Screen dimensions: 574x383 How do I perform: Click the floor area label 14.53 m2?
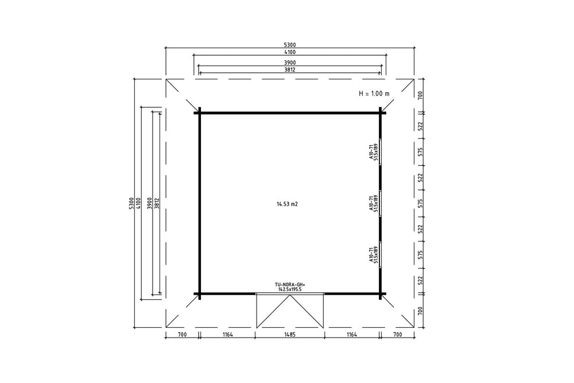[287, 204]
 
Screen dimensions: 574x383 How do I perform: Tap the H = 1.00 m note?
[374, 94]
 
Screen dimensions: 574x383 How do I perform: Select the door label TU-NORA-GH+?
[290, 284]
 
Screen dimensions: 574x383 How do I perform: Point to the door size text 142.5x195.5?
[290, 289]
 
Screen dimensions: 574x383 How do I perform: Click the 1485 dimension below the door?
[289, 334]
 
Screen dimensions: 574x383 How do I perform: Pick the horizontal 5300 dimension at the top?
[289, 45]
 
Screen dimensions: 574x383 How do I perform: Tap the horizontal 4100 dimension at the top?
[289, 52]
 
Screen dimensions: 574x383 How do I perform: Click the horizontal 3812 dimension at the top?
[289, 69]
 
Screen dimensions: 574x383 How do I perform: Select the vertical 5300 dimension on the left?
[131, 203]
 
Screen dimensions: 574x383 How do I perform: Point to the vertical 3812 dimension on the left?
[157, 203]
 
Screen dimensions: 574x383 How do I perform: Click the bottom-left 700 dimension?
[182, 334]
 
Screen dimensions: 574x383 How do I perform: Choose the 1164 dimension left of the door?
[227, 334]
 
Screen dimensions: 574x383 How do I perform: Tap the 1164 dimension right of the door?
[351, 334]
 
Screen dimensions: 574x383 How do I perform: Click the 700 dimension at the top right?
[420, 95]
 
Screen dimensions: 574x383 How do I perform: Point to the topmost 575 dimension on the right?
[420, 152]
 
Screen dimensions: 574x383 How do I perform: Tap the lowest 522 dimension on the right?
[420, 280]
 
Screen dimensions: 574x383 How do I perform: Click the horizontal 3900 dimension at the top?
[289, 63]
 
